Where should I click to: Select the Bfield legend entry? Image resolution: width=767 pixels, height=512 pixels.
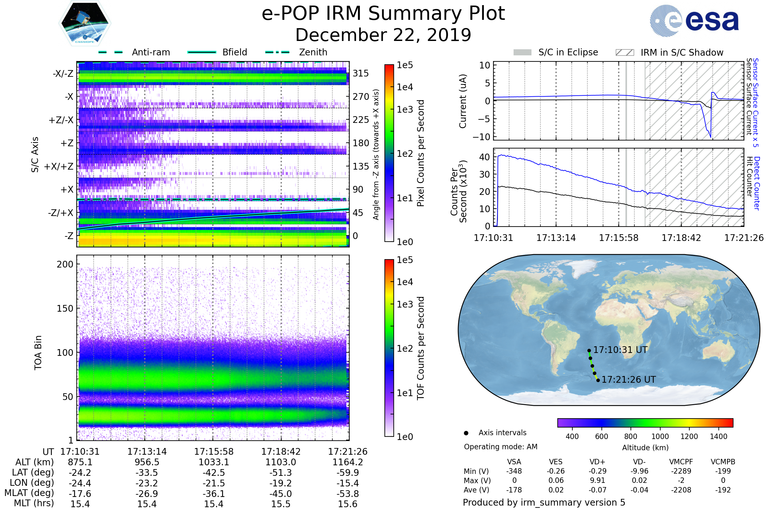point(235,52)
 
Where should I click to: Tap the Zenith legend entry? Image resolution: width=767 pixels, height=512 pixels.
point(313,52)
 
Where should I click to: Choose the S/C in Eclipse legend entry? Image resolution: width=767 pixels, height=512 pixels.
point(568,52)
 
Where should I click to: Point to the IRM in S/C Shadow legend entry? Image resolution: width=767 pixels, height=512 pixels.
point(682,52)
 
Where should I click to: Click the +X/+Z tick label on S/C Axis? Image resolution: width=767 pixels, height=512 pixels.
point(59,166)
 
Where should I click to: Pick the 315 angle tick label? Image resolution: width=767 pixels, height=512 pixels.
point(360,73)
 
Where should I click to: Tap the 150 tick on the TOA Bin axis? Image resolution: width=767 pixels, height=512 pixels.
point(65,308)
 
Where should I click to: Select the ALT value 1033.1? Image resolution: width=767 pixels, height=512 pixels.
point(213,462)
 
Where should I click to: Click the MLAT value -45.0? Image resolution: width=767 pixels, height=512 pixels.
point(281,494)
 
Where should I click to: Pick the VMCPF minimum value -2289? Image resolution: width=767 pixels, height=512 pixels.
point(681,471)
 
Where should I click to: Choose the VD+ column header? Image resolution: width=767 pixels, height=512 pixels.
point(597,462)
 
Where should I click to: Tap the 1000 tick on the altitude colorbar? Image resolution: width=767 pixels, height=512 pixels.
point(660,436)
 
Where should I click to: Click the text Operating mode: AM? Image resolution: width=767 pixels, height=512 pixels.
point(500,447)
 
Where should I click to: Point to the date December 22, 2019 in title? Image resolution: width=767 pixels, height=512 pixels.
point(383,35)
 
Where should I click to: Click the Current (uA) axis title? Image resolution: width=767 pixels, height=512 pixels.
point(463,101)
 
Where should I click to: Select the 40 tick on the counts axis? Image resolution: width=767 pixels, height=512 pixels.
point(484,157)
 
